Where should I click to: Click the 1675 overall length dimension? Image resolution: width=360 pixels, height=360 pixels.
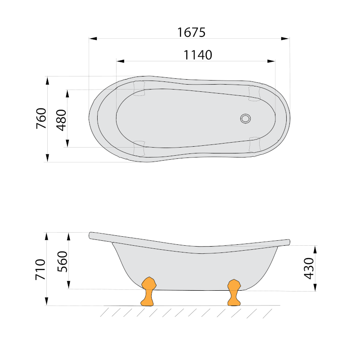[x=191, y=32]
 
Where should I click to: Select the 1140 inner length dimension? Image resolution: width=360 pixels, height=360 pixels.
[x=198, y=55]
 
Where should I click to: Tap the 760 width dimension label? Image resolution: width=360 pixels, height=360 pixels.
[x=41, y=118]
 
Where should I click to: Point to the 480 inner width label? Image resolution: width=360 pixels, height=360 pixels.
[x=62, y=120]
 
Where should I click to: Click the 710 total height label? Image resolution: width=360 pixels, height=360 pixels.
[x=40, y=270]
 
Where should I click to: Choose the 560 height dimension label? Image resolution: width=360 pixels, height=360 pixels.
[x=63, y=261]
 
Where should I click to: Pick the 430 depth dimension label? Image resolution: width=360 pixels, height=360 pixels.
[x=309, y=268]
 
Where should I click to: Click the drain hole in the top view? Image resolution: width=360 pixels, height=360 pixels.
[x=245, y=119]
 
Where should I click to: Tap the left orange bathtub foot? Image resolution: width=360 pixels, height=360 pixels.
[x=148, y=291]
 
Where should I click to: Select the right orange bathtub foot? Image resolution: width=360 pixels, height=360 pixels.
[x=234, y=292]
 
